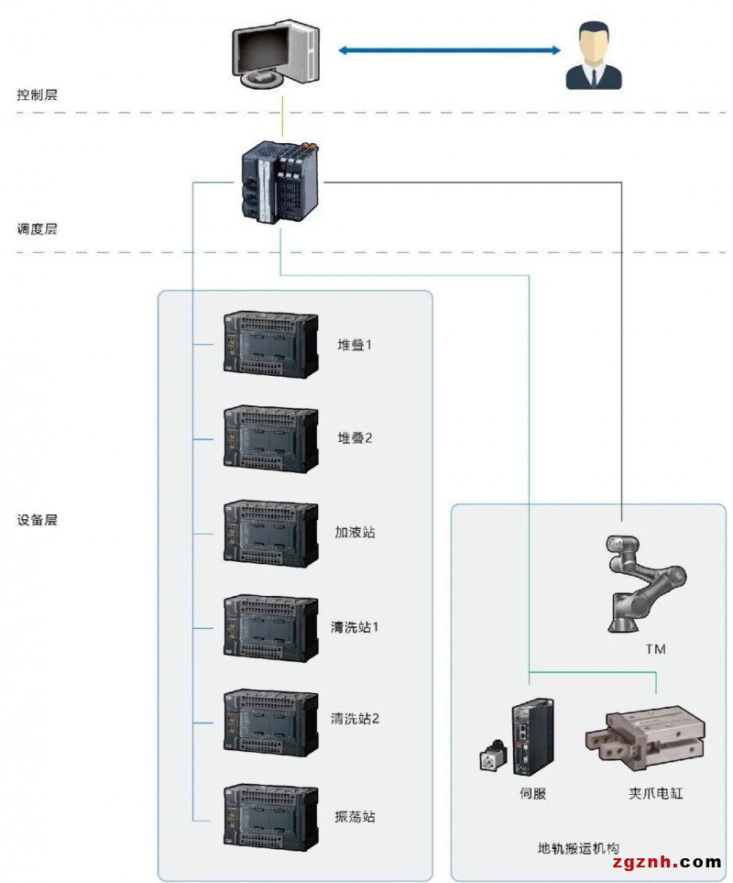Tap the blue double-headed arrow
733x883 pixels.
[449, 50]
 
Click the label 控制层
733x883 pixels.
[38, 94]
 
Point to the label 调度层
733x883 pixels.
[38, 229]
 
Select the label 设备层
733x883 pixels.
[38, 519]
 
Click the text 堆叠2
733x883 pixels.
[355, 437]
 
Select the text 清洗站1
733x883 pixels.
[355, 627]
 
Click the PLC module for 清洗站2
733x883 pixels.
[271, 722]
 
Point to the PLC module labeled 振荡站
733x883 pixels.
[271, 816]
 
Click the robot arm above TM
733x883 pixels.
[641, 583]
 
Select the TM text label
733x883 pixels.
[655, 649]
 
